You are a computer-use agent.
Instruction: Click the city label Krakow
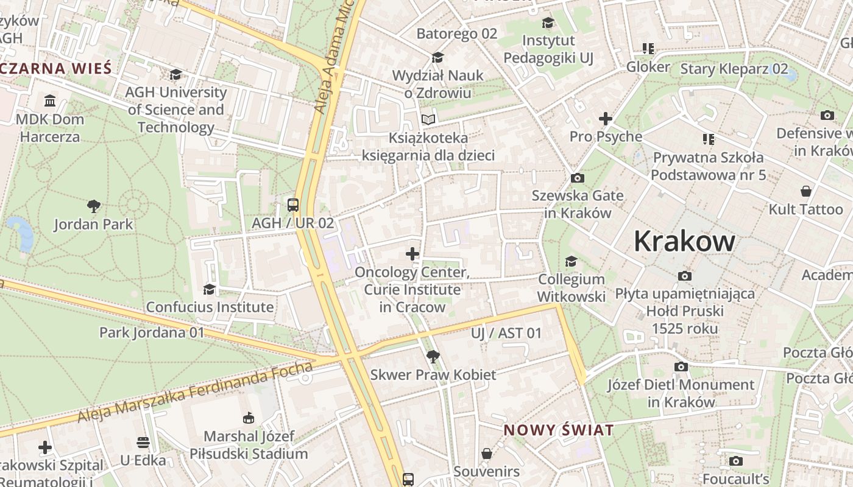click(684, 241)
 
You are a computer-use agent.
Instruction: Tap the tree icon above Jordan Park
click(94, 206)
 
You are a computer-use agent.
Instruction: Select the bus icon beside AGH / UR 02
click(293, 205)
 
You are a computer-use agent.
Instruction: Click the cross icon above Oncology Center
click(412, 253)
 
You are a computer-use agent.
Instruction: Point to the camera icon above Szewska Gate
click(577, 178)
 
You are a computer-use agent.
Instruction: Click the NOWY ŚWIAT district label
click(559, 430)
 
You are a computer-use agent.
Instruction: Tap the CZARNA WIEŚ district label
click(56, 68)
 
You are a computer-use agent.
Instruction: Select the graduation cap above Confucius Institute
click(210, 289)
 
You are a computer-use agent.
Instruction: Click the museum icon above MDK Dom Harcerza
click(50, 100)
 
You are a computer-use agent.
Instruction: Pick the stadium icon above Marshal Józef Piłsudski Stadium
click(248, 418)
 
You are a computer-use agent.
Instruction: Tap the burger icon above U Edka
click(143, 442)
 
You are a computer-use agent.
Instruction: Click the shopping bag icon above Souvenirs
click(486, 454)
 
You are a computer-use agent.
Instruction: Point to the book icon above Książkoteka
click(429, 119)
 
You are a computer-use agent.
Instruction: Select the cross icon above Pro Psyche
click(605, 118)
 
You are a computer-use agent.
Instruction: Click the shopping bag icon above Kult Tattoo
click(805, 191)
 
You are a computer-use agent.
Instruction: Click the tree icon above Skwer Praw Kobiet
click(433, 356)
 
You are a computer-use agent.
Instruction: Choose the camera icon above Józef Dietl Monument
click(681, 366)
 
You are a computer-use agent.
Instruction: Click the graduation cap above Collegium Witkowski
click(571, 261)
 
